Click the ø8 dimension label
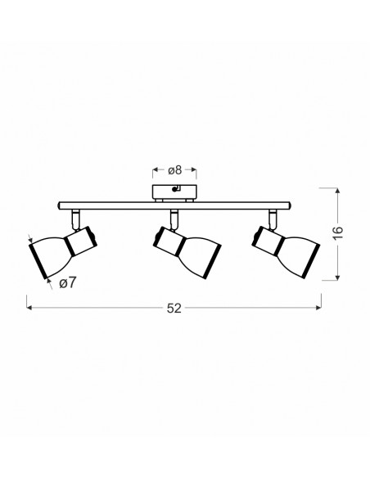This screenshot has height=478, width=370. point(174,170)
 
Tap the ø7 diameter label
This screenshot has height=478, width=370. point(67,283)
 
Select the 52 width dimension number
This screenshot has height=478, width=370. point(174,309)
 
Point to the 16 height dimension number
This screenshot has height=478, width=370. point(338,233)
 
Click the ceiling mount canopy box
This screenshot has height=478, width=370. point(174,192)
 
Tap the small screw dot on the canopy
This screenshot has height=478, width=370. point(174,189)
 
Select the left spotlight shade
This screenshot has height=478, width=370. point(51,255)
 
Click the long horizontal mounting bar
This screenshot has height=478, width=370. point(174,205)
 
